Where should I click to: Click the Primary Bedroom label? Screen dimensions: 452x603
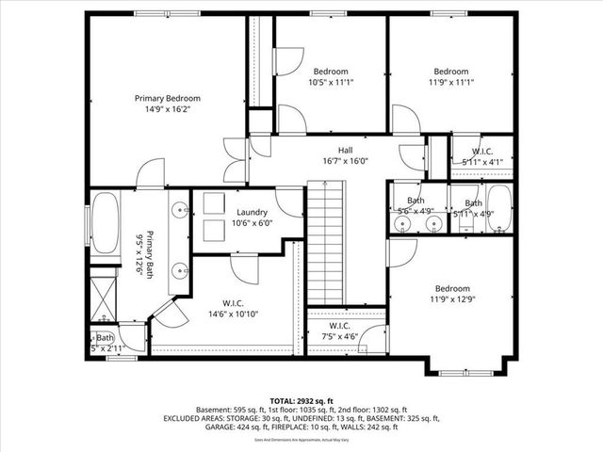point(167,98)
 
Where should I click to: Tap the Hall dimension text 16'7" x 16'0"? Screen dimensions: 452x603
point(345,161)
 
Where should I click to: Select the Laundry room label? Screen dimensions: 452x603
point(252,212)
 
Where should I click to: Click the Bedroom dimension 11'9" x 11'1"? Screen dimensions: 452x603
point(450,83)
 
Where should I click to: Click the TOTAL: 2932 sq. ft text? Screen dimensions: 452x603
point(301,399)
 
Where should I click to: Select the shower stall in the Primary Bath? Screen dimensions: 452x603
point(104,297)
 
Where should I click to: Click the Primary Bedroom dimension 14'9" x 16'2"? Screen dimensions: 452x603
point(167,109)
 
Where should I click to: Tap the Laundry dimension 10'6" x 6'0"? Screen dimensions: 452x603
point(252,223)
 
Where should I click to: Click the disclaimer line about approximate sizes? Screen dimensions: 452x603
point(301,440)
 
